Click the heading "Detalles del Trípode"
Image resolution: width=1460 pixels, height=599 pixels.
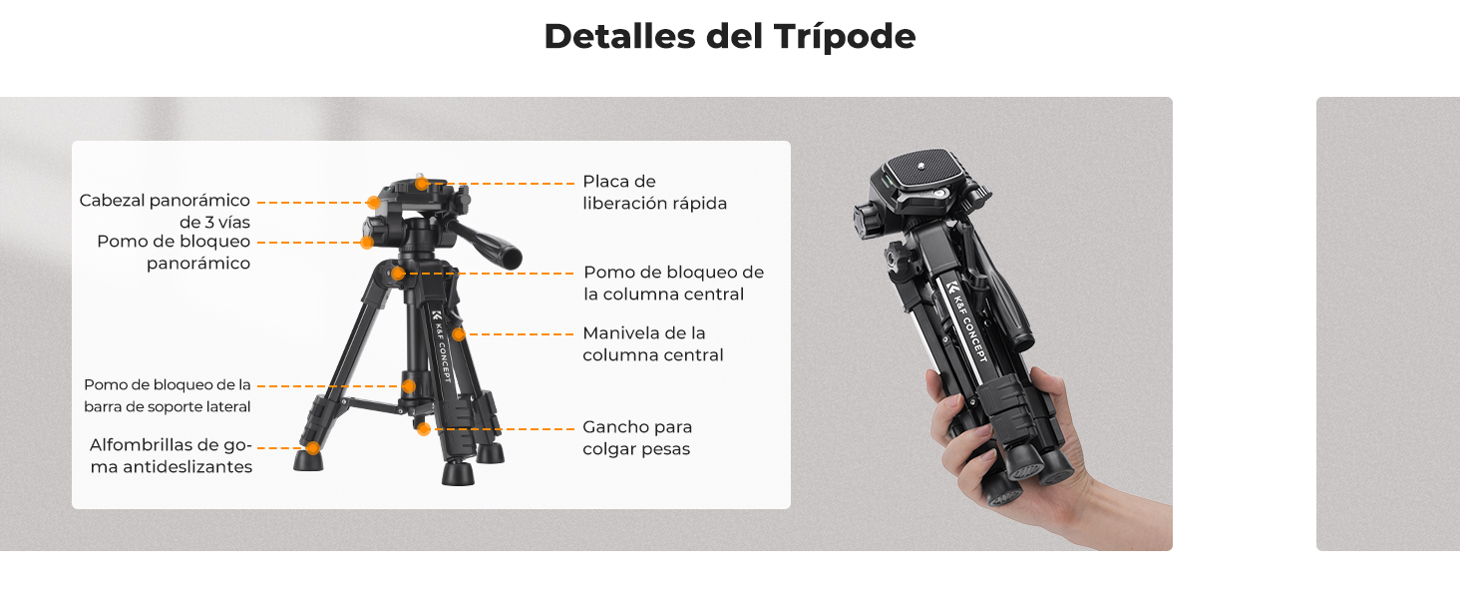pyautogui.click(x=730, y=37)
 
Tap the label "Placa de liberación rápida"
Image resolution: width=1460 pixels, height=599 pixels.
pyautogui.click(x=654, y=192)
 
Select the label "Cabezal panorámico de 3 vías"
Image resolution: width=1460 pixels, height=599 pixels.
pyautogui.click(x=165, y=211)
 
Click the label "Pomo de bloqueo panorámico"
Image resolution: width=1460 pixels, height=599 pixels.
pyautogui.click(x=174, y=252)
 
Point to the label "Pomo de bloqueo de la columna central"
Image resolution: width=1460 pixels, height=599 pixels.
pyautogui.click(x=673, y=283)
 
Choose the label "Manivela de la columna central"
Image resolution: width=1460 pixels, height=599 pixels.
pyautogui.click(x=652, y=343)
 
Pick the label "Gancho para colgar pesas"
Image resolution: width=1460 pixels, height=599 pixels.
pyautogui.click(x=637, y=438)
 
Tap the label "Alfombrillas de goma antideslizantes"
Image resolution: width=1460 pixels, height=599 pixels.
pyautogui.click(x=171, y=455)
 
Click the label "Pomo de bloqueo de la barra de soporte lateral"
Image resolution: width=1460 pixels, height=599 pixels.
pyautogui.click(x=168, y=395)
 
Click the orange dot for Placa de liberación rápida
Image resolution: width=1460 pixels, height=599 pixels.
pyautogui.click(x=422, y=184)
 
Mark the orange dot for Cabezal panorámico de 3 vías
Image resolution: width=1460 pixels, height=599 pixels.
pyautogui.click(x=373, y=203)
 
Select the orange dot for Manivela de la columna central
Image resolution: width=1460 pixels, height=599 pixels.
pyautogui.click(x=459, y=334)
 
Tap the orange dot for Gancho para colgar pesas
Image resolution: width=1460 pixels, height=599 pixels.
pyautogui.click(x=424, y=429)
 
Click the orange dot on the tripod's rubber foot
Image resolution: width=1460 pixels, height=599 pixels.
pyautogui.click(x=313, y=448)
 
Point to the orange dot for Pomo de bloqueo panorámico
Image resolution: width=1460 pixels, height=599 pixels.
pyautogui.click(x=367, y=243)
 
